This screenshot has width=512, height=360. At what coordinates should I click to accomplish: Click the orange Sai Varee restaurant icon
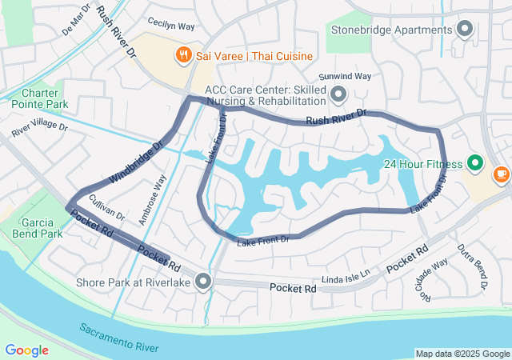point(183,55)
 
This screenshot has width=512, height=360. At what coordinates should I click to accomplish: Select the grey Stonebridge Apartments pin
point(466,30)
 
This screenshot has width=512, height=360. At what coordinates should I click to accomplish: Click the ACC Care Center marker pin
point(338,95)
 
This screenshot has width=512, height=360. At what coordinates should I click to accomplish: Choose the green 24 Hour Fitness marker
point(476,164)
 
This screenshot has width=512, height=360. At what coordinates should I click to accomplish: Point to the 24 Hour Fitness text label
point(422,164)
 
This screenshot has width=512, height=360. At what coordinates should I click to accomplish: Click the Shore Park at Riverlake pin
point(204,282)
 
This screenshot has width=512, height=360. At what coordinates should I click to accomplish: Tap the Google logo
point(26,350)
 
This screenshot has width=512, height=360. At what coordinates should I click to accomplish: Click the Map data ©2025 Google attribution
point(462,354)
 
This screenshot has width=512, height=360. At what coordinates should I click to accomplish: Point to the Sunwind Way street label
point(346,76)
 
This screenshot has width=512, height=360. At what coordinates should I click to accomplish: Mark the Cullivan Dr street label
point(107,207)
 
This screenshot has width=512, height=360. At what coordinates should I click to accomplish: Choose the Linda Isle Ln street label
point(346,276)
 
